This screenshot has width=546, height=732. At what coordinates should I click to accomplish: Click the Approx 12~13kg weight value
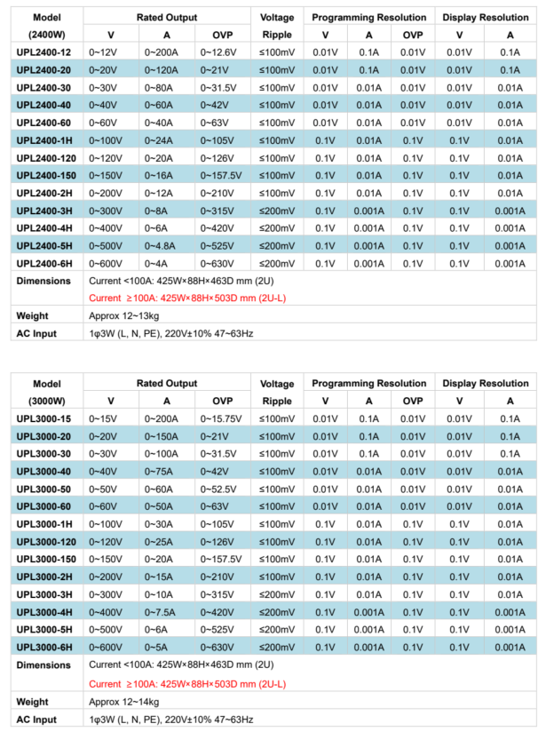(123, 315)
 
